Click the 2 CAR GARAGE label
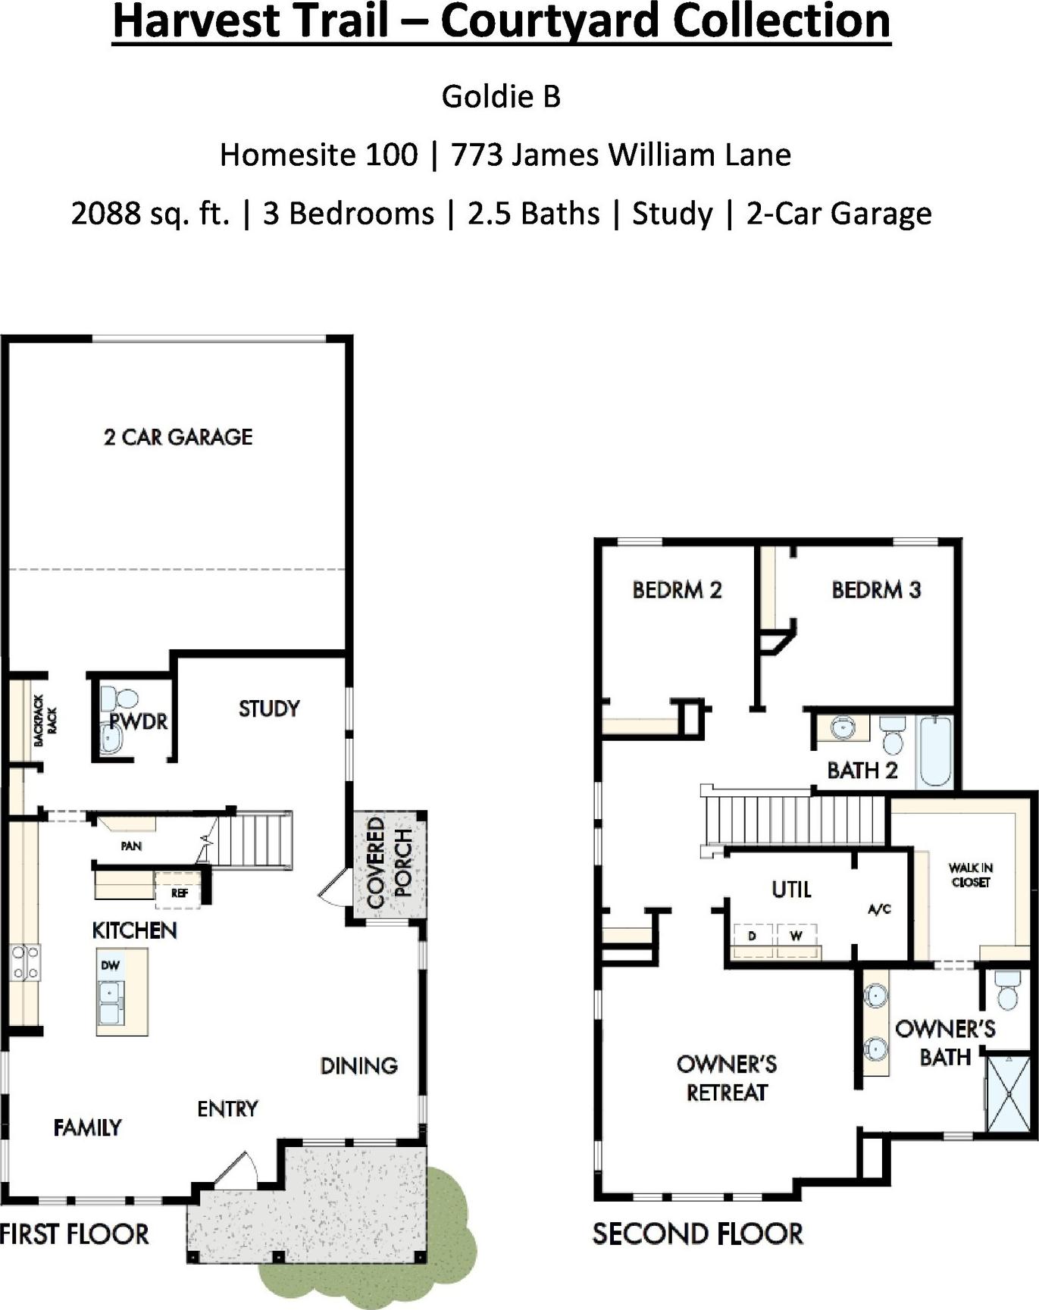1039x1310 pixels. [x=178, y=436]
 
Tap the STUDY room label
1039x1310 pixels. [x=269, y=708]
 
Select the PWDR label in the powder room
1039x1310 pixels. [x=138, y=721]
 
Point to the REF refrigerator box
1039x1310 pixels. [x=179, y=892]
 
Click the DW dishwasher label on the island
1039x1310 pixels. [x=111, y=965]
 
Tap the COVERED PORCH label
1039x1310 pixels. [x=390, y=862]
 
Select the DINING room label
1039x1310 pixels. [x=359, y=1066]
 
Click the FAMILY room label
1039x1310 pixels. [x=87, y=1128]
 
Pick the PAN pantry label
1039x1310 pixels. [x=131, y=846]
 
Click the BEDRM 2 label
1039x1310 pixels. [x=677, y=589]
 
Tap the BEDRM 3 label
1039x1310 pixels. [x=876, y=589]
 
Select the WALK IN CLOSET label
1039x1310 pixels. [x=970, y=875]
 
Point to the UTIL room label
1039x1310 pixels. [x=791, y=889]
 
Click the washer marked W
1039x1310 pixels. [x=796, y=936]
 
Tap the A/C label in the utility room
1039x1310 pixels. [x=879, y=909]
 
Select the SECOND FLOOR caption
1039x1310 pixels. [x=697, y=1234]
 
